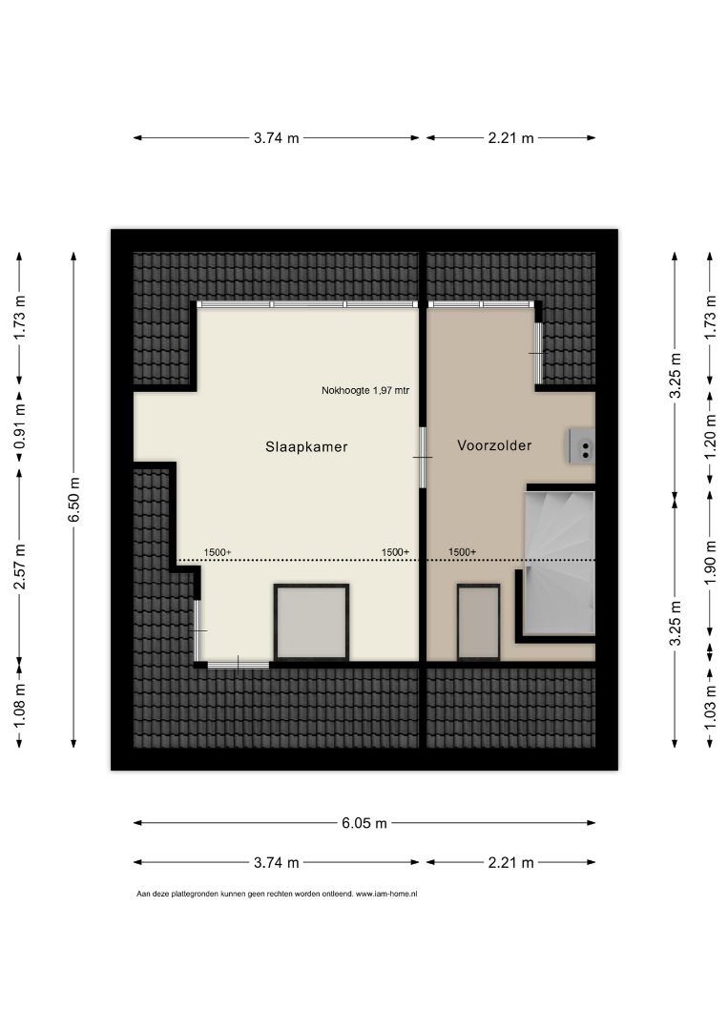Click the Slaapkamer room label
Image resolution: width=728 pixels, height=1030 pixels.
click(x=306, y=446)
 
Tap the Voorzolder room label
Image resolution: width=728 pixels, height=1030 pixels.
click(x=494, y=445)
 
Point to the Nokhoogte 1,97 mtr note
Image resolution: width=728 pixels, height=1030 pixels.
click(x=365, y=390)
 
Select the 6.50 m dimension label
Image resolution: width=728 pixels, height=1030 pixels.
click(x=73, y=500)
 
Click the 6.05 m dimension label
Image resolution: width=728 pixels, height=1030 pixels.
click(x=364, y=823)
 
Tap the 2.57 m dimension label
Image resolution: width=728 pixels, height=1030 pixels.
click(x=20, y=566)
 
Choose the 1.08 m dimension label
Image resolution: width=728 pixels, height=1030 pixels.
click(x=20, y=706)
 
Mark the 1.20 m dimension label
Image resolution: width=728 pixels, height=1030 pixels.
click(x=710, y=438)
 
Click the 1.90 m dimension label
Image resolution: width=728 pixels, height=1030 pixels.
click(x=710, y=563)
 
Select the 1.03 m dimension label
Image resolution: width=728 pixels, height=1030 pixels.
click(x=710, y=707)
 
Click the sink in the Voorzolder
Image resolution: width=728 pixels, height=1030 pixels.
click(x=581, y=446)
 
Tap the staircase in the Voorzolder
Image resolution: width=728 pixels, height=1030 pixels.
click(x=559, y=563)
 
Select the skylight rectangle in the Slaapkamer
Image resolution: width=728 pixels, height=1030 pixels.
click(x=311, y=622)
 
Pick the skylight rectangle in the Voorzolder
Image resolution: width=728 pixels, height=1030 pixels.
click(x=478, y=622)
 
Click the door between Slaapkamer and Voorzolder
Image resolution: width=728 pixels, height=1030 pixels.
click(x=423, y=457)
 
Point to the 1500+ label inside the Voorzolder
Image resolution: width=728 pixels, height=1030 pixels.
click(x=463, y=552)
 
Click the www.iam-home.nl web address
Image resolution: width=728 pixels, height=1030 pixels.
click(x=386, y=894)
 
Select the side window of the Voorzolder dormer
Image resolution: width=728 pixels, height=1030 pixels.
click(x=538, y=353)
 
